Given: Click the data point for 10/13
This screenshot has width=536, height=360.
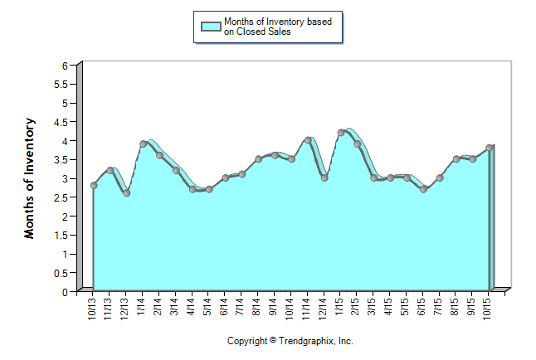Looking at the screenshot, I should (x=94, y=185).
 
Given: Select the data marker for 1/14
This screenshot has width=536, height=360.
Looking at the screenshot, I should (x=144, y=144).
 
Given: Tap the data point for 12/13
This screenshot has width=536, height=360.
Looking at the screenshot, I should (x=126, y=192).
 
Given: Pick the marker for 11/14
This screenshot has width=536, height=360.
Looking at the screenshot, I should (x=308, y=140).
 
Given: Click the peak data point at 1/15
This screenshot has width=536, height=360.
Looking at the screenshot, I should (x=341, y=133).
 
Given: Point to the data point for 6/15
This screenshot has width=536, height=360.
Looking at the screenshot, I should (x=423, y=189).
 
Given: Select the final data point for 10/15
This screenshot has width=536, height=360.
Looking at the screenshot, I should (x=490, y=148).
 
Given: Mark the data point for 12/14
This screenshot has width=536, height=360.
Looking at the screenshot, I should (x=324, y=178).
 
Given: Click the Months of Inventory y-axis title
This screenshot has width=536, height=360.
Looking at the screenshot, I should (x=30, y=178).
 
